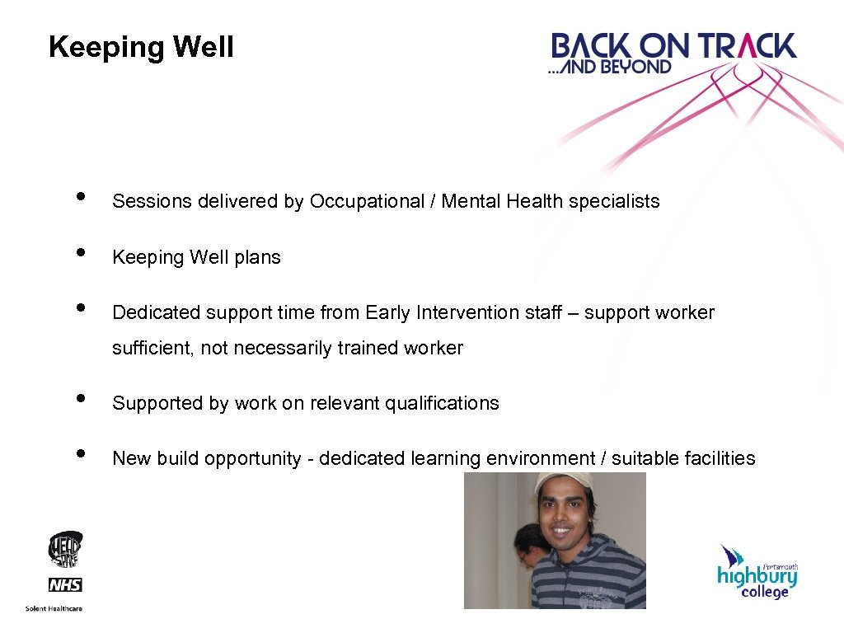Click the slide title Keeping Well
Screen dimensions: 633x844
pos(141,47)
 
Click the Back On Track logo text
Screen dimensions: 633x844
pos(673,47)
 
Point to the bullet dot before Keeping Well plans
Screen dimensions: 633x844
pos(80,251)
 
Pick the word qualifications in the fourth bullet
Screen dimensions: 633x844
pos(443,404)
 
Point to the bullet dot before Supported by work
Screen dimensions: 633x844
pos(80,398)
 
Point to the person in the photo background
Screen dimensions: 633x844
pos(527,548)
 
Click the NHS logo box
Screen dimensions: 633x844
pos(65,585)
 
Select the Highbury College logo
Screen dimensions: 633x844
pos(757,574)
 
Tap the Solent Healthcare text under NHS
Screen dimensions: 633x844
pos(65,609)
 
